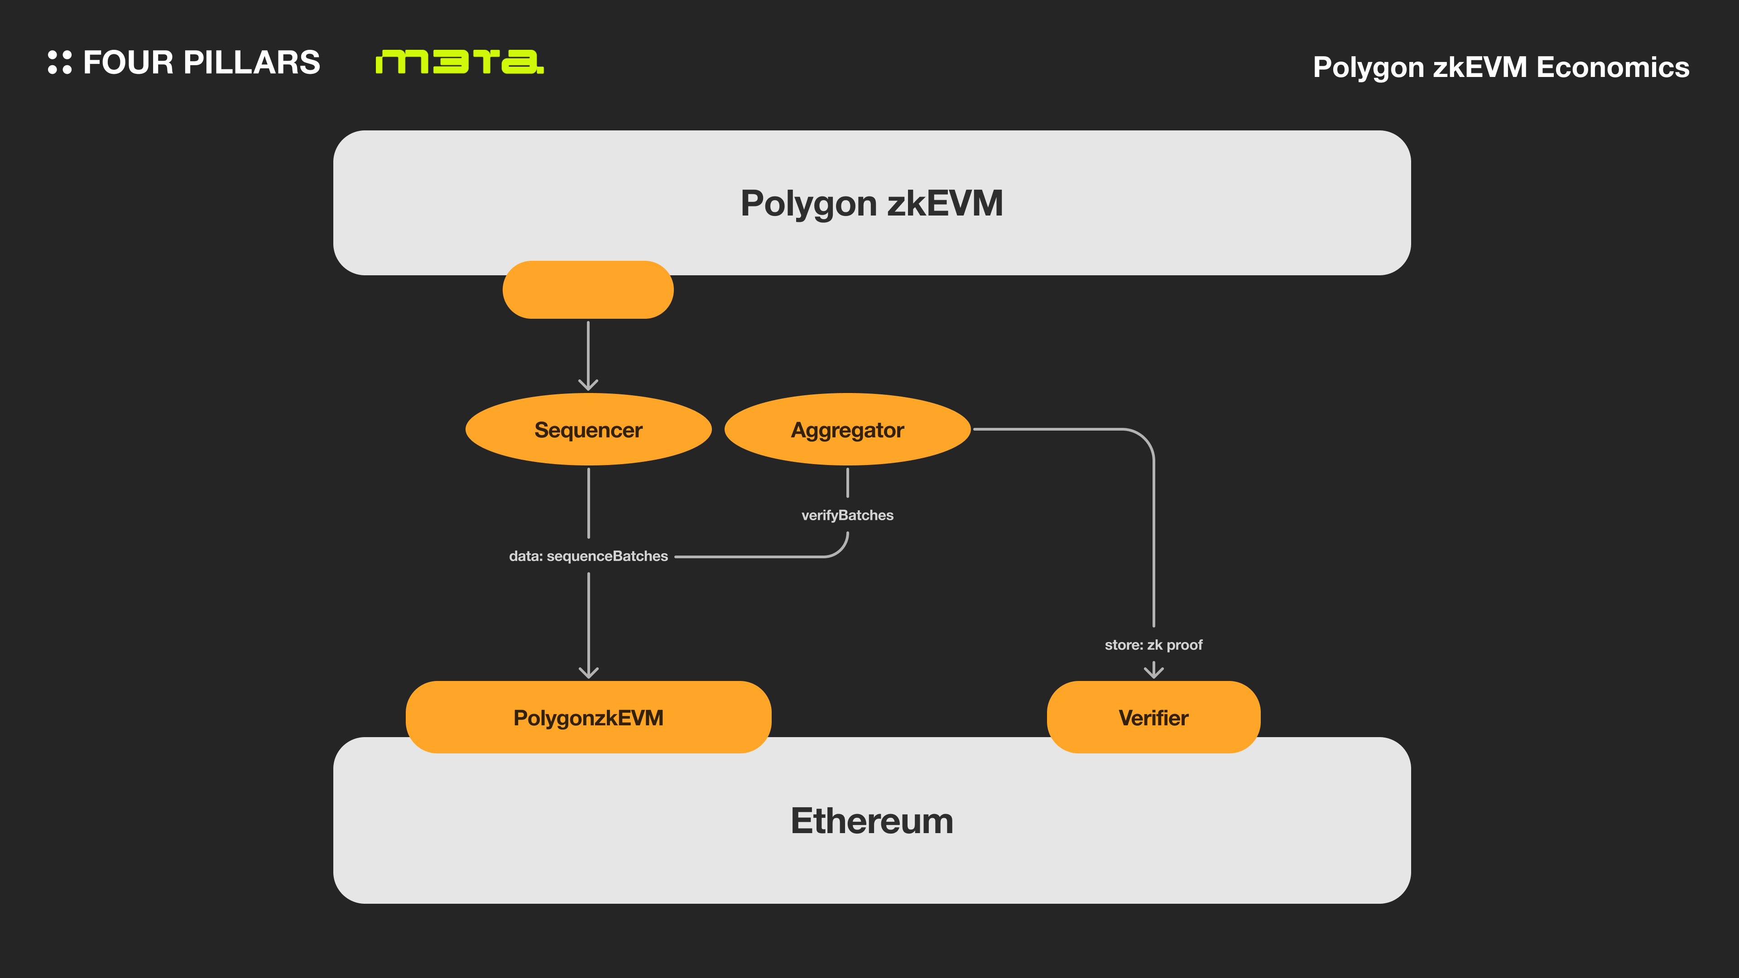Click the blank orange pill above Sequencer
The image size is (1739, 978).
click(588, 290)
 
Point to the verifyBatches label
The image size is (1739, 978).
click(847, 515)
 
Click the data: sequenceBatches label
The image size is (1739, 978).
click(588, 556)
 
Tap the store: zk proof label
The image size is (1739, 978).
click(1153, 645)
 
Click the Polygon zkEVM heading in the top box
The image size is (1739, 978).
click(871, 203)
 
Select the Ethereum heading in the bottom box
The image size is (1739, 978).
click(871, 821)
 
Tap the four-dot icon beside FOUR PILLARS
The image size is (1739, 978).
click(59, 62)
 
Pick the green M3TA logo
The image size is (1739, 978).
click(459, 62)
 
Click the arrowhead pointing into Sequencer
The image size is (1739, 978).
click(588, 385)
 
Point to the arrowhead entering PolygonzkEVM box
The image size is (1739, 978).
click(589, 672)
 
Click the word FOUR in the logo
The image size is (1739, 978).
click(128, 62)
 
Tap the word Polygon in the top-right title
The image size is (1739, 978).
click(1368, 67)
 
